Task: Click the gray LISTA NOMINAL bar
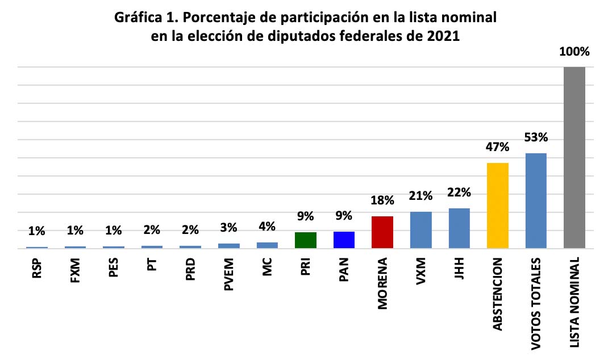tap(574, 158)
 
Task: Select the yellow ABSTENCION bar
tap(498, 206)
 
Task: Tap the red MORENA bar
tap(382, 232)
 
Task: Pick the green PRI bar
tap(306, 240)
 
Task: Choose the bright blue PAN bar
tap(344, 240)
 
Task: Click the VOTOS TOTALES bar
tap(536, 200)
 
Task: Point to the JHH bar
tap(459, 228)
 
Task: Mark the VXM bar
tap(421, 230)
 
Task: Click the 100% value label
tap(574, 52)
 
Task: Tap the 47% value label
tap(498, 147)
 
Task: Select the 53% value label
tap(536, 137)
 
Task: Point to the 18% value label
tap(382, 200)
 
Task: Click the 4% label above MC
tap(267, 226)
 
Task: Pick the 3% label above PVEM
tap(229, 228)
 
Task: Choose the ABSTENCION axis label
tap(498, 295)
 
